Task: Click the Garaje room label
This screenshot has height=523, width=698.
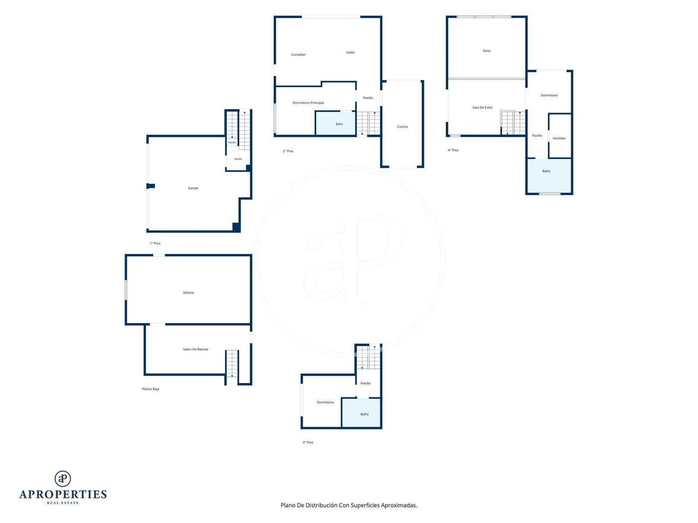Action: [x=193, y=188]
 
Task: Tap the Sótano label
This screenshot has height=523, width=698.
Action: [x=188, y=292]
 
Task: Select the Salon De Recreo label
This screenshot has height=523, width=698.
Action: [x=195, y=349]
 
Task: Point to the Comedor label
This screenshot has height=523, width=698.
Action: [x=298, y=55]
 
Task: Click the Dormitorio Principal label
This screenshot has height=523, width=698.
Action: [x=308, y=103]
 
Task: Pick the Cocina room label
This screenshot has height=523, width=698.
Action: [x=402, y=127]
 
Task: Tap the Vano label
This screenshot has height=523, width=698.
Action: [x=486, y=50]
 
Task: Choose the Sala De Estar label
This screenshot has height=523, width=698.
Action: [x=482, y=107]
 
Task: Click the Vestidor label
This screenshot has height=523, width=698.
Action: [x=559, y=138]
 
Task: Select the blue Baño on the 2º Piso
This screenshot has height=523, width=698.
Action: [x=335, y=123]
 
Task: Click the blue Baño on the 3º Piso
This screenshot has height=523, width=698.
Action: [x=361, y=413]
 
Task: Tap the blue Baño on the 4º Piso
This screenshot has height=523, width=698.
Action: [x=549, y=176]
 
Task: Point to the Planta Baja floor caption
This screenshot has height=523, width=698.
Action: [x=151, y=389]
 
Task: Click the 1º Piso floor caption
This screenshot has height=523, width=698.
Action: [x=155, y=243]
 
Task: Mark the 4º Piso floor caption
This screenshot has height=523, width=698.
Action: [x=453, y=150]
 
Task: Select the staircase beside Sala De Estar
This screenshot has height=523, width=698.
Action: [x=513, y=123]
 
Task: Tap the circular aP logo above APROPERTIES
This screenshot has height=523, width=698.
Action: [x=63, y=478]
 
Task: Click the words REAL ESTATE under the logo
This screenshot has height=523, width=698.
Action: [x=63, y=503]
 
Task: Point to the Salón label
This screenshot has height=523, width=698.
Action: [x=350, y=52]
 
